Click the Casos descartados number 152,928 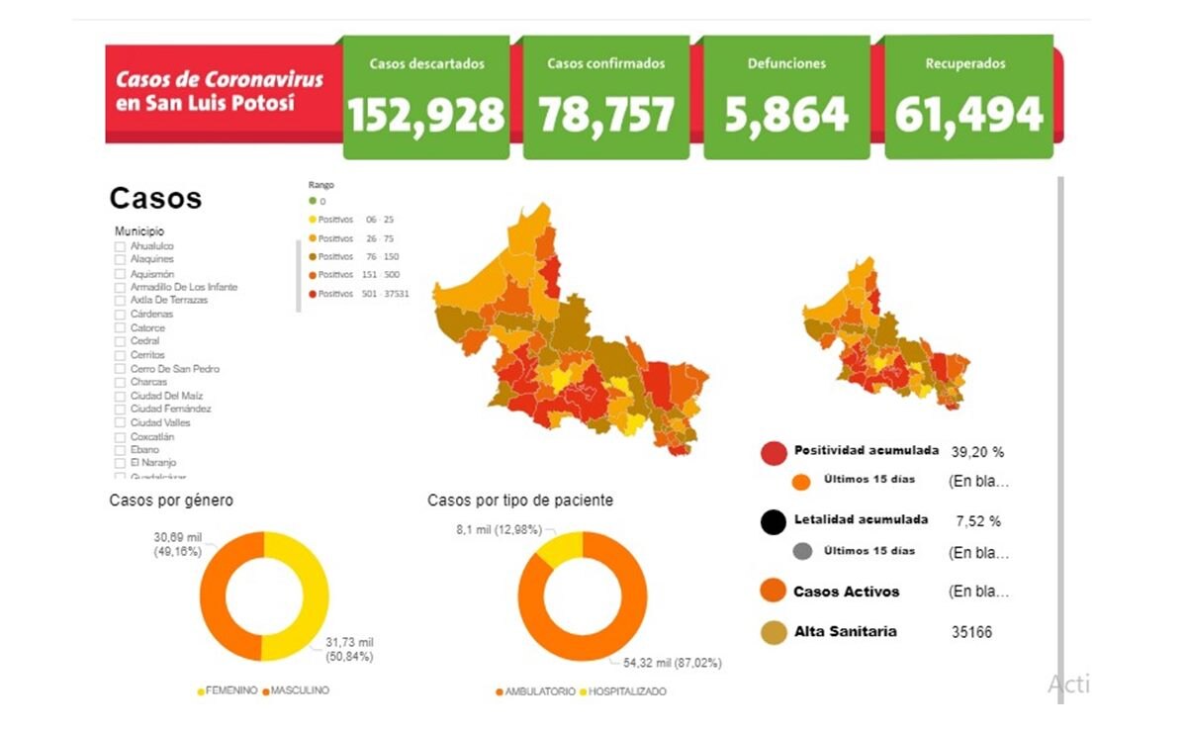tap(425, 115)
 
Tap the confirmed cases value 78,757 tap(606, 115)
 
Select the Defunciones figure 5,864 tap(786, 115)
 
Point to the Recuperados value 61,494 tap(968, 115)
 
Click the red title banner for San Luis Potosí tap(220, 91)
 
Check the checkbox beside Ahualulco tap(120, 246)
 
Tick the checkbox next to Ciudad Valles tap(120, 423)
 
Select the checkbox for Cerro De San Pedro tap(120, 369)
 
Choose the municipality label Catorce tap(147, 328)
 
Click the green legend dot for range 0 tap(313, 201)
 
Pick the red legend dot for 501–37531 tap(313, 294)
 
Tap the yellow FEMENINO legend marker tap(202, 690)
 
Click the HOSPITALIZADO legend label tap(627, 691)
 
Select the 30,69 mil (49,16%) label tap(178, 543)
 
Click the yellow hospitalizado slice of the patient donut tap(560, 547)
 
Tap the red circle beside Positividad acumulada tap(774, 453)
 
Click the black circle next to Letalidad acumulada tap(774, 521)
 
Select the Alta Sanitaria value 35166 tap(971, 632)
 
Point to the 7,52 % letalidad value tap(978, 521)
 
